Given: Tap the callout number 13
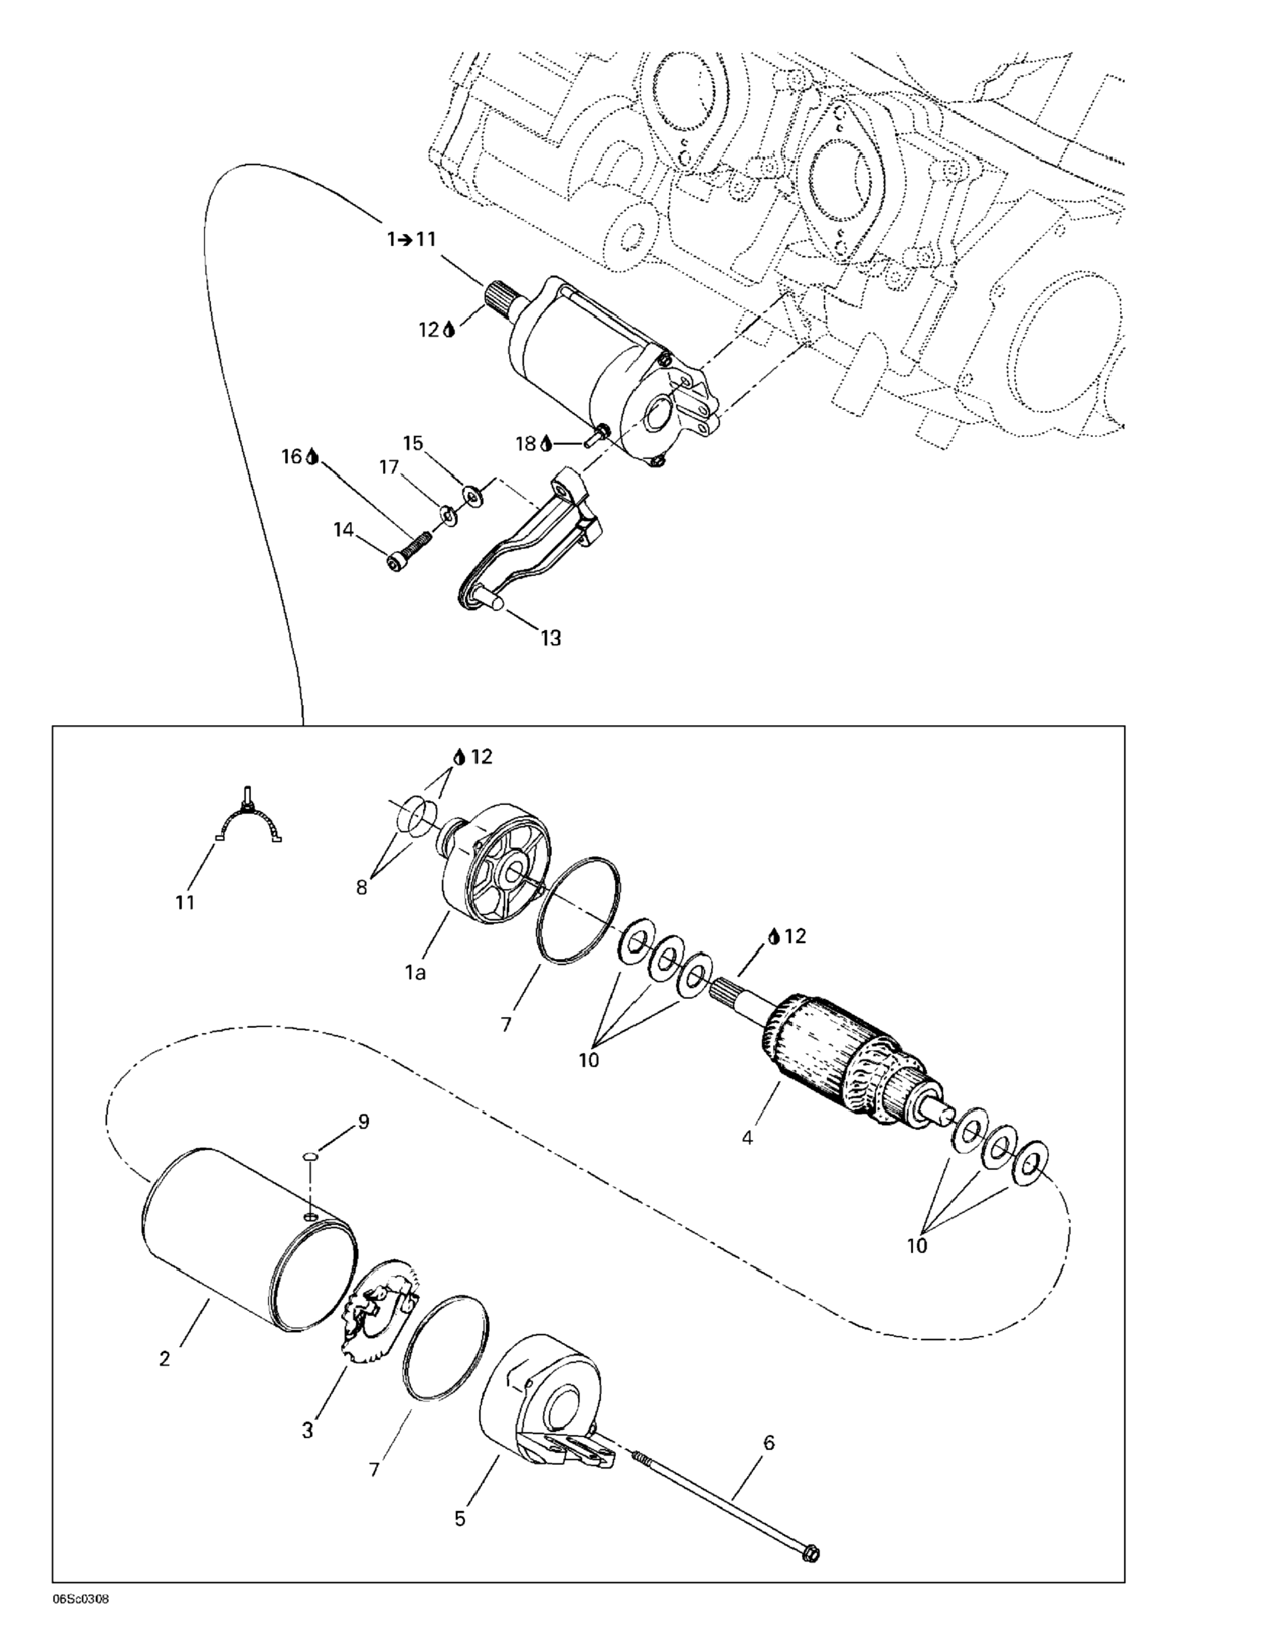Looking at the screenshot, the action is (x=551, y=638).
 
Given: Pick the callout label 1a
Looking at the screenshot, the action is (x=414, y=973).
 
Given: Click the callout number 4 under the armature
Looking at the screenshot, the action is (x=747, y=1137).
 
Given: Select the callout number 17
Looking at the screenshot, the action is (x=389, y=468).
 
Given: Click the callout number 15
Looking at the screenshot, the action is (x=413, y=443).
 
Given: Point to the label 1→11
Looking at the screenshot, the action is (x=412, y=239).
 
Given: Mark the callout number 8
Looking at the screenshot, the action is (x=362, y=888).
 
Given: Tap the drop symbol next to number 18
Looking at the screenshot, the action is (x=546, y=444).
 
